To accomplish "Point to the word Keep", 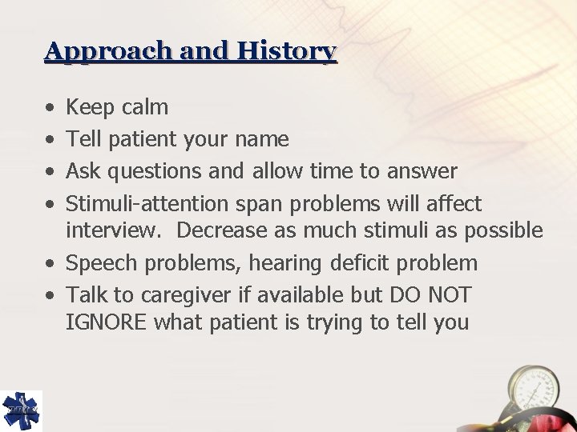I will point(91,107).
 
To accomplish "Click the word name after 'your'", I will point(262,139).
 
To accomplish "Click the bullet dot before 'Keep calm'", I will point(50,107).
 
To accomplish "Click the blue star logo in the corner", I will point(21,410).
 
